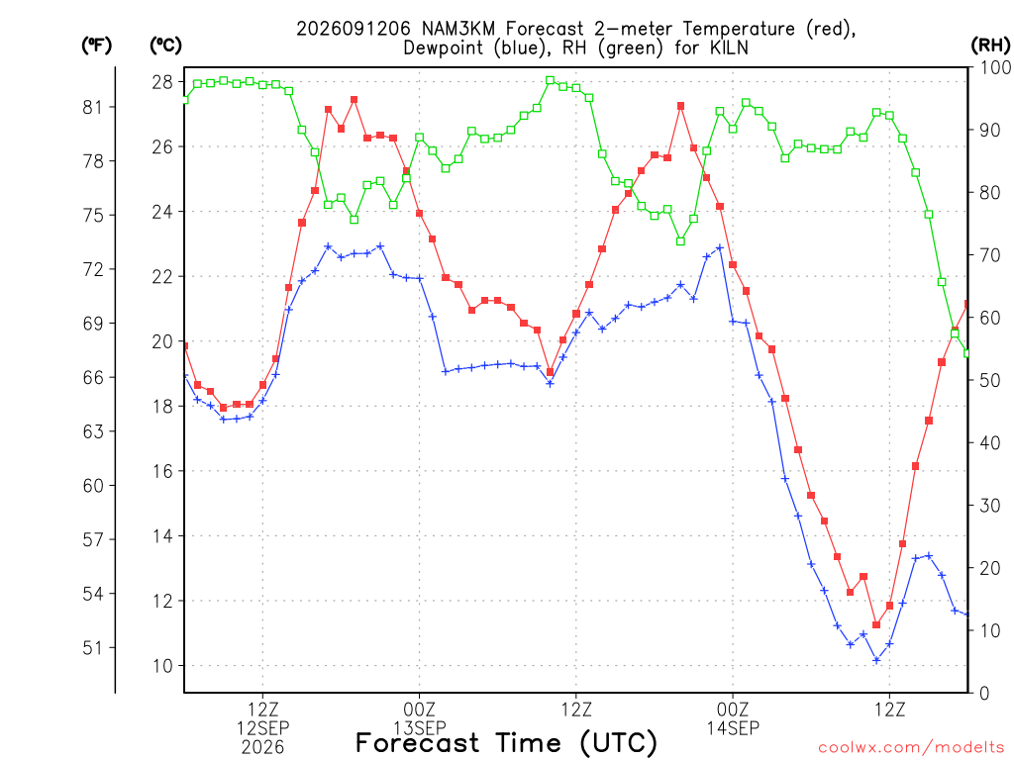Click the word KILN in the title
(729, 47)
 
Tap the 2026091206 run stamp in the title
(354, 29)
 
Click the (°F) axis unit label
(96, 46)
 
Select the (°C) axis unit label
(165, 46)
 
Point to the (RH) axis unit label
(990, 46)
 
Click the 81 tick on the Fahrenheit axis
(93, 107)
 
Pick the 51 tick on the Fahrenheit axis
(93, 647)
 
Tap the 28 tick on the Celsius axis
(163, 82)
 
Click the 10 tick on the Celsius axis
(163, 666)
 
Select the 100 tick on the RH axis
(996, 67)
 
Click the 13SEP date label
(420, 728)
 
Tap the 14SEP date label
(733, 728)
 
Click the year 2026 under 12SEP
(262, 748)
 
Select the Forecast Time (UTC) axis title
(506, 743)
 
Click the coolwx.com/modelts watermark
(912, 748)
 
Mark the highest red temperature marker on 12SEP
(355, 100)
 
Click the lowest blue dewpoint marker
(877, 660)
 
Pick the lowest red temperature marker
(877, 624)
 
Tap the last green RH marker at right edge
(966, 353)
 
